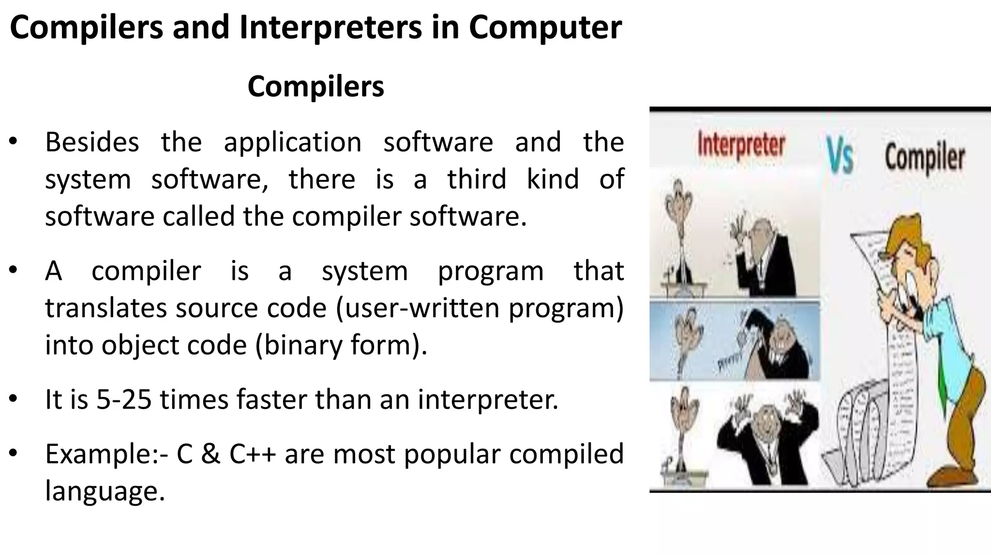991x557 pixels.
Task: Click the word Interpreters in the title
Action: point(330,28)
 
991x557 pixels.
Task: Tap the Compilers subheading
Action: point(315,87)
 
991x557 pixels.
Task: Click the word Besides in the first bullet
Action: point(92,142)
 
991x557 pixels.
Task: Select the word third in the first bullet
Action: point(476,179)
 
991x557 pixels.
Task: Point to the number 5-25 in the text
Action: point(124,400)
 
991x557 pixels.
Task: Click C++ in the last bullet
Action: point(252,454)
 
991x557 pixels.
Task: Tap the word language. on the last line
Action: point(105,491)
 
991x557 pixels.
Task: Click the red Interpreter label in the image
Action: point(741,145)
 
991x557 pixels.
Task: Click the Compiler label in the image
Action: point(925,157)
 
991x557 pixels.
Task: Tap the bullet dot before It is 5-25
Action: point(13,399)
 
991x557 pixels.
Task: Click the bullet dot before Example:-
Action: point(13,454)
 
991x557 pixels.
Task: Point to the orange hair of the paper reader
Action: point(910,232)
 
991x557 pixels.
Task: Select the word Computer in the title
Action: point(545,28)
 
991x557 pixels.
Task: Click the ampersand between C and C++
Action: point(210,454)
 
